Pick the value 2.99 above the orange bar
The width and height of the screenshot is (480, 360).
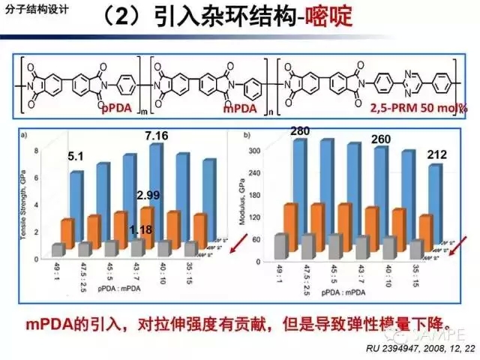point(148,196)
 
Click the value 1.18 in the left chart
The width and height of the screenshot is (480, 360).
point(141,229)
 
